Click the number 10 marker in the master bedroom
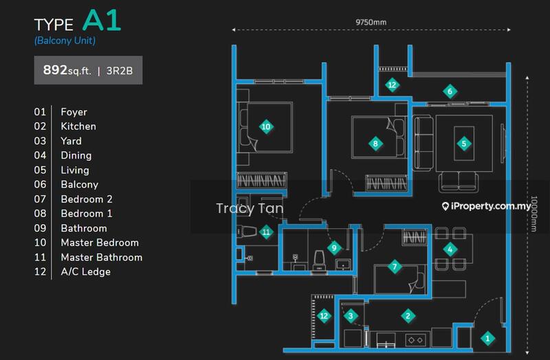pos(266,127)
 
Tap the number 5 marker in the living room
pos(464,144)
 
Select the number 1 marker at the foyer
pos(487,339)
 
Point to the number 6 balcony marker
pos(450,92)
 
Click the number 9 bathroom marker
pos(334,248)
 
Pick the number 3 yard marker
pos(351,316)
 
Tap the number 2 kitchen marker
pos(408,316)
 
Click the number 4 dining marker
pos(450,249)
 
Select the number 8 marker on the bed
pos(375,144)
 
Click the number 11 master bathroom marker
pos(266,232)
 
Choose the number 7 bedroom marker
pos(395,267)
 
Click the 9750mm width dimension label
pos(371,23)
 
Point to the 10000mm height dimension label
pos(534,214)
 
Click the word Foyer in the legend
pos(74,112)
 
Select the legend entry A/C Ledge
pos(85,271)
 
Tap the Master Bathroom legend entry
pos(102,258)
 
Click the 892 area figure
pos(55,70)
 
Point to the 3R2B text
pos(120,71)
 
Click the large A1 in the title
pos(102,21)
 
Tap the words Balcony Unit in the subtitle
pos(65,41)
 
